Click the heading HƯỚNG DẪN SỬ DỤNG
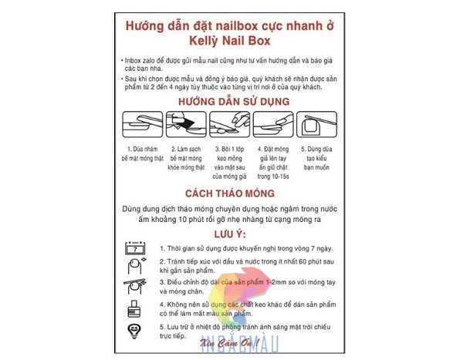click(230, 101)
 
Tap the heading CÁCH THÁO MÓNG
click(229, 193)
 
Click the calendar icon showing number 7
click(136, 248)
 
